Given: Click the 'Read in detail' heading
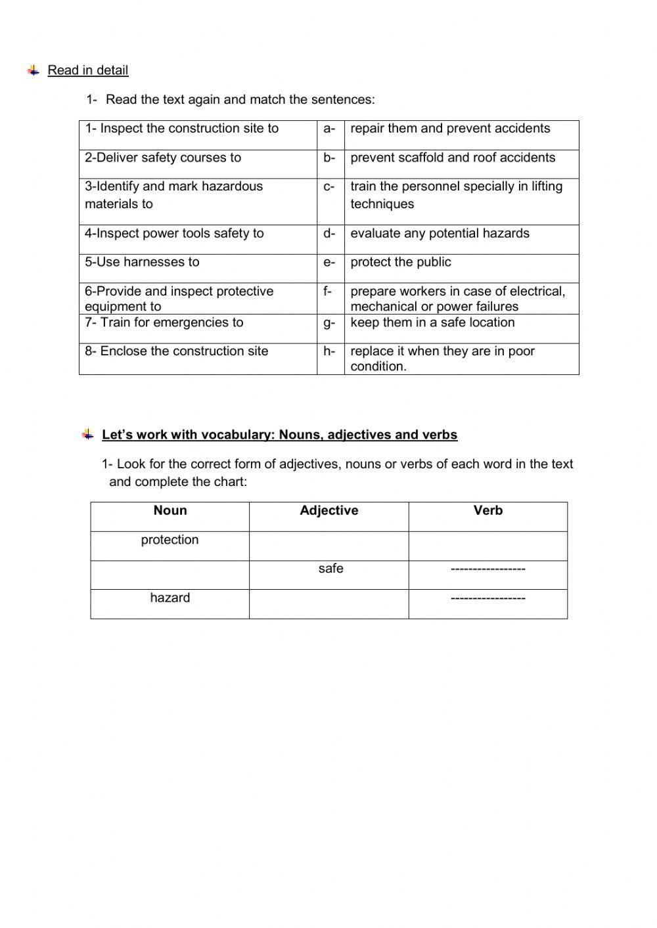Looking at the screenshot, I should click(87, 70).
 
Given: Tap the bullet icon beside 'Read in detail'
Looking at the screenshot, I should click(34, 70).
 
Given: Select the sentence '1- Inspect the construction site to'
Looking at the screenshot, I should click(182, 129).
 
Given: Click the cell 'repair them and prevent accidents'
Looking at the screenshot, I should click(450, 129).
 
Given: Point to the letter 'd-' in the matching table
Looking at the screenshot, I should click(329, 233).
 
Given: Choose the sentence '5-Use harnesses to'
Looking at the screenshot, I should click(142, 262).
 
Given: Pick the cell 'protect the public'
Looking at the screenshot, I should click(401, 262).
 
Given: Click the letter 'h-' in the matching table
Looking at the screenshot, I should click(329, 351).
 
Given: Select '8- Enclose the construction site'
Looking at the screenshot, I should click(176, 351).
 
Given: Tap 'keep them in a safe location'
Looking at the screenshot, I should click(432, 322).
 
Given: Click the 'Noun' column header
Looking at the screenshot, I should click(170, 510).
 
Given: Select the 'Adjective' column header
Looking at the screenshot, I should click(328, 510).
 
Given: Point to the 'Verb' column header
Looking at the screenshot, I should click(487, 510).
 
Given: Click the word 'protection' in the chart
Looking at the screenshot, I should click(170, 540).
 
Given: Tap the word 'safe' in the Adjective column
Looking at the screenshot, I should click(330, 569).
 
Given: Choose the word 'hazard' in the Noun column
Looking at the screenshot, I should click(170, 598).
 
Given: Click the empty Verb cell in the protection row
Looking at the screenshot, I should click(487, 546).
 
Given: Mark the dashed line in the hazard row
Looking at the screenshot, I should click(487, 598).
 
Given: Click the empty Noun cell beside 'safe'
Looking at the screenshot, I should click(170, 575).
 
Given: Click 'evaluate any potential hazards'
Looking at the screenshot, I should click(440, 233).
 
